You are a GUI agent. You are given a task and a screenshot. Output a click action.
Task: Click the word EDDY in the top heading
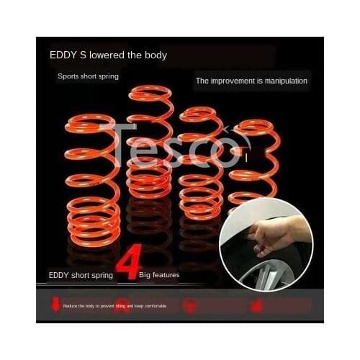pos(62,55)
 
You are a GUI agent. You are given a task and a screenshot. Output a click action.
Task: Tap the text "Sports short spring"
pos(88,76)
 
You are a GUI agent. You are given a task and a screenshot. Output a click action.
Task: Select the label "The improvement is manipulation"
pos(251,81)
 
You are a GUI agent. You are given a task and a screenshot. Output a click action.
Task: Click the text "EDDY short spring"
pos(78,274)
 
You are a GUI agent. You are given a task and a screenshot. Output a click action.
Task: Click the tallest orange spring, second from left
pos(149,144)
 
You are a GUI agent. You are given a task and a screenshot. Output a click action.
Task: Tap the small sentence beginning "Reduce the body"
pos(115,306)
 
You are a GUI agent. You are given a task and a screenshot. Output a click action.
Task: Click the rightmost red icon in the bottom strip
pos(256,306)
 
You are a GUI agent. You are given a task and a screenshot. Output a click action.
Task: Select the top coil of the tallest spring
pos(149,94)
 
